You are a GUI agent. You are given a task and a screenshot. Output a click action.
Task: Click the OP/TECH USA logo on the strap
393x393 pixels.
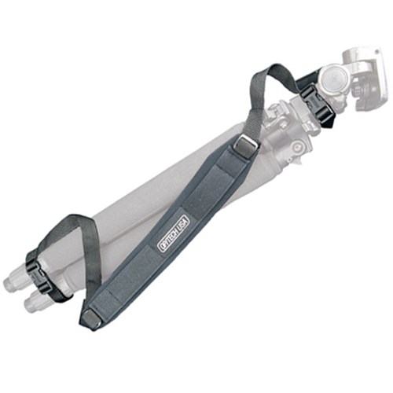(173, 234)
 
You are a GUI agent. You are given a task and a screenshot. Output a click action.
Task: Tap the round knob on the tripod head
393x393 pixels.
(334, 79)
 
